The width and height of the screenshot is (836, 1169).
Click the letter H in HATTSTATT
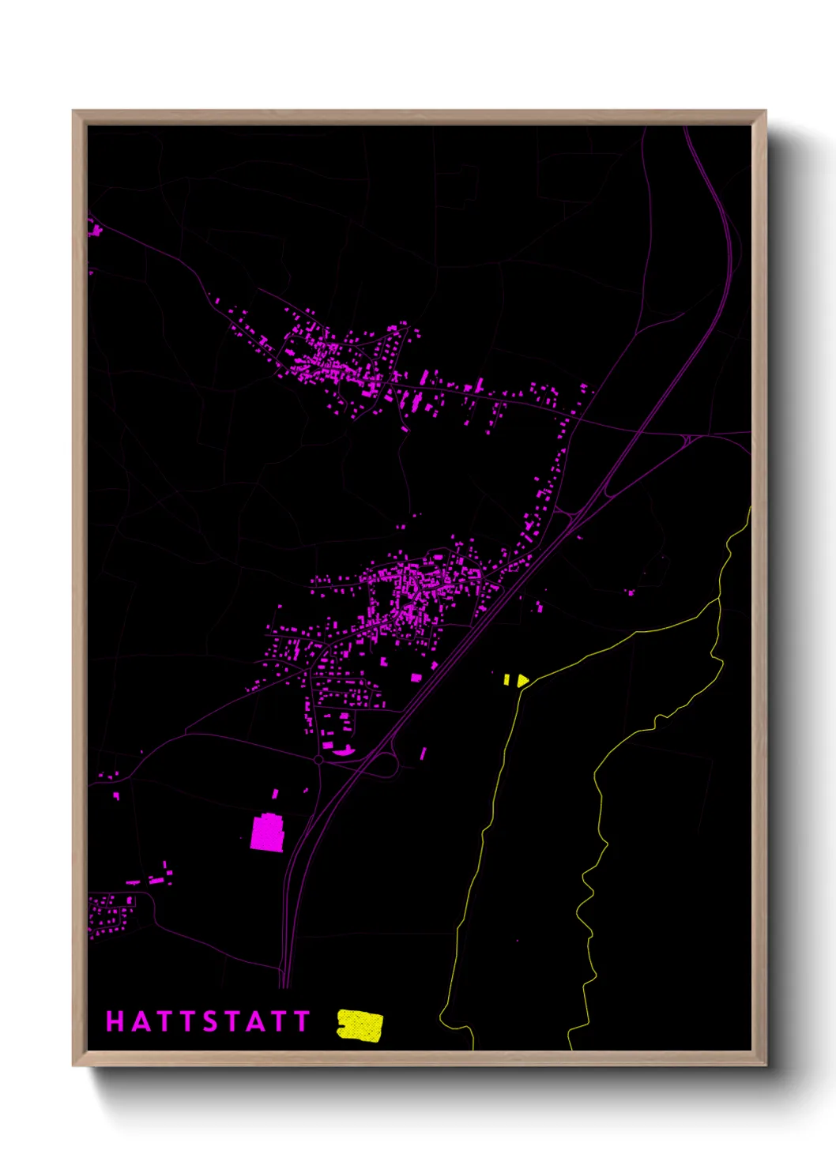pos(115,1021)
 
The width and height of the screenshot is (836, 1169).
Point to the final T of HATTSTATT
pos(301,1021)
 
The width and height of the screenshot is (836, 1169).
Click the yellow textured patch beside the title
pos(360,1025)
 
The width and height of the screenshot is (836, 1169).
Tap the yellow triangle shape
pos(522,679)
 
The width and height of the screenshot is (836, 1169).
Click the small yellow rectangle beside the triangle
pos(506,678)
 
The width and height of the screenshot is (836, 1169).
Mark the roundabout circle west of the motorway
pos(318,759)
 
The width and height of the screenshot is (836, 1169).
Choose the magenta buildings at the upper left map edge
pos(95,231)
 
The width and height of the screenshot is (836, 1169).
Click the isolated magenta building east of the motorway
pos(631,592)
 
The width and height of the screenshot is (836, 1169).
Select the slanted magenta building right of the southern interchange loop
pos(424,754)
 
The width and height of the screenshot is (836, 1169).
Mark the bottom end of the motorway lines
pos(284,985)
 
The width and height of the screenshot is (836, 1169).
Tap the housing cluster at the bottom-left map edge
pos(111,915)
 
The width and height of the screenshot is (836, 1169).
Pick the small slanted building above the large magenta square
pos(276,794)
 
